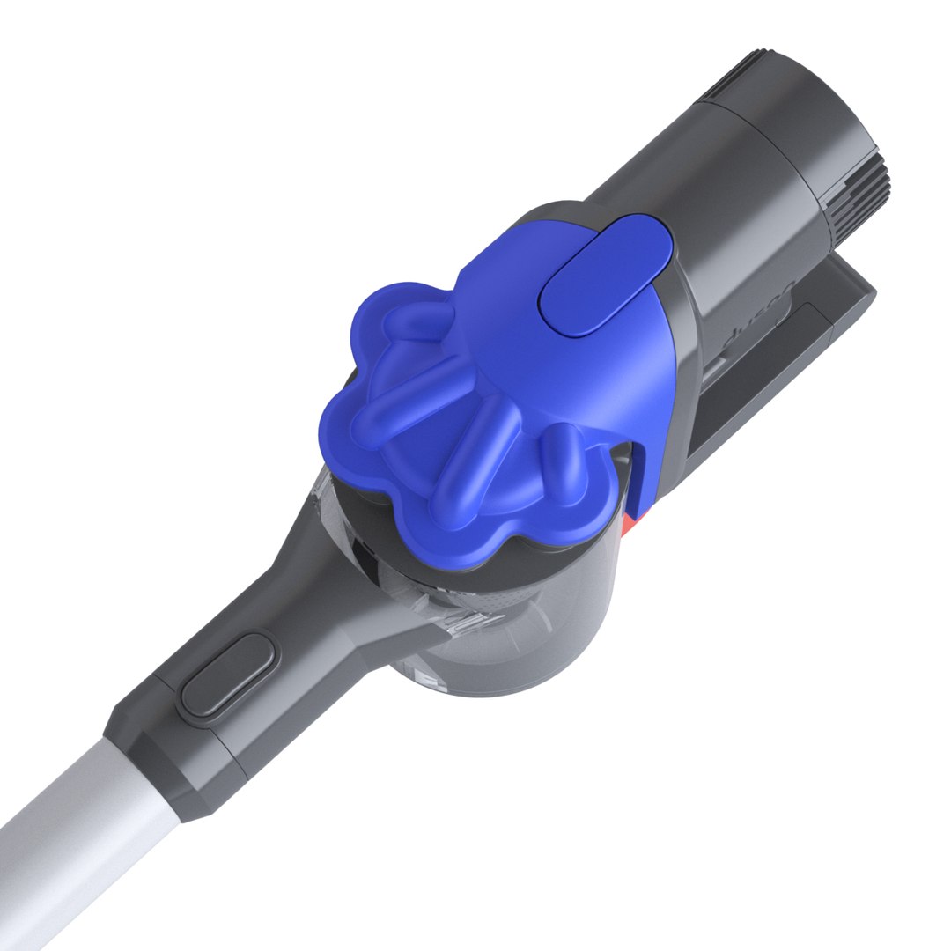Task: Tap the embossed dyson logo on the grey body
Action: [760, 313]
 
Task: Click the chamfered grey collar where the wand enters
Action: [167, 775]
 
